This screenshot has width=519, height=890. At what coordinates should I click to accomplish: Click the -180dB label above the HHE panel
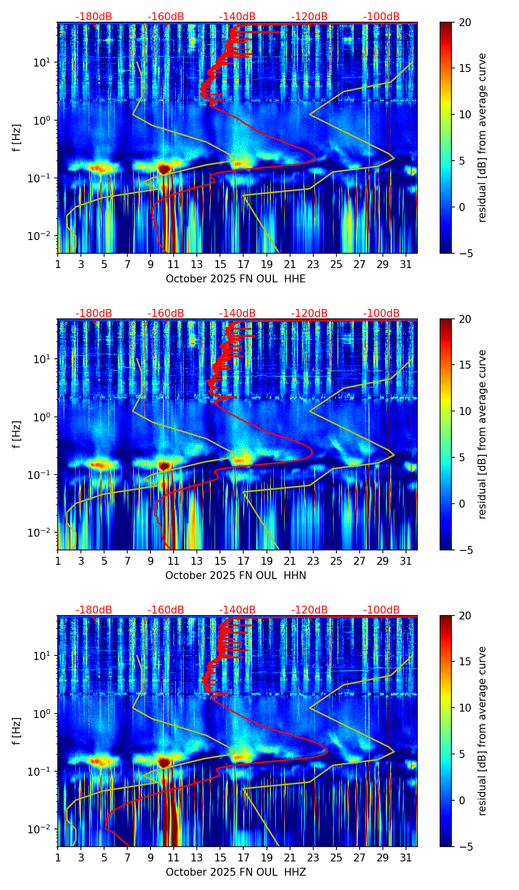94,17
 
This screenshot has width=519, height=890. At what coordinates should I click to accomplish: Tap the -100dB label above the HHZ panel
381,610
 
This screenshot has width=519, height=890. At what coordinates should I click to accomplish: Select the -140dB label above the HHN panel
237,313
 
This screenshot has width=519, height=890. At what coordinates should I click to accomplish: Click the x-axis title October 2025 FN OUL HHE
235,279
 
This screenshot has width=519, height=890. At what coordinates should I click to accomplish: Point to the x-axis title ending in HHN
235,576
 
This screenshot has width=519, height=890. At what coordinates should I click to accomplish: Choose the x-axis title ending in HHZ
235,872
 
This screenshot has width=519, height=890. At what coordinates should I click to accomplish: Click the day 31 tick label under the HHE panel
406,265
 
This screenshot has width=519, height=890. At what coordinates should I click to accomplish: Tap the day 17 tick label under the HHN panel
243,561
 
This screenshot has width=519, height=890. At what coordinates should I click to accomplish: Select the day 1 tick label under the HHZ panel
58,858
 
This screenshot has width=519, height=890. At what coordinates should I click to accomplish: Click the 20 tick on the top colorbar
465,23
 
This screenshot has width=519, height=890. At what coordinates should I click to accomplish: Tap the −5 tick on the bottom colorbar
465,847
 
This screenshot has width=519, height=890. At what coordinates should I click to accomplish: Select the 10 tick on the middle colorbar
465,411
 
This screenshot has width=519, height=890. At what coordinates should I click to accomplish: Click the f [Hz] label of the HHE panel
17,138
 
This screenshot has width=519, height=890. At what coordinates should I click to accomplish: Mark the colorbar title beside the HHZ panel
482,731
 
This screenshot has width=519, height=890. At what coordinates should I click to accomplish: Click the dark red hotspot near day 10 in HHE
164,169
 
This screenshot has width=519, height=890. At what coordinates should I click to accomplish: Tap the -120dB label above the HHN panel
309,313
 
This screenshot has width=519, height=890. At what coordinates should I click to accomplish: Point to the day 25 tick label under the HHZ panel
336,858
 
